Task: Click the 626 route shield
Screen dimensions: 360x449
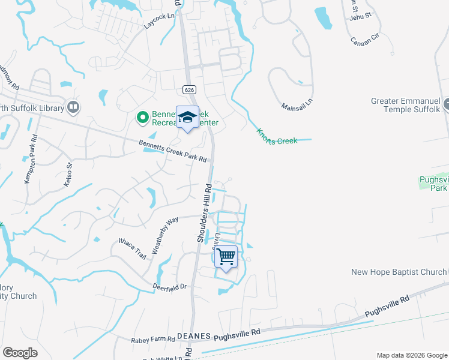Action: (x=189, y=89)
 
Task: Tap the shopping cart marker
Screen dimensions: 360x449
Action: (x=226, y=257)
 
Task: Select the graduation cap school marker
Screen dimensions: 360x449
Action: (x=187, y=116)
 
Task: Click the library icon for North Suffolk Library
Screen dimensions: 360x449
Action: (x=73, y=107)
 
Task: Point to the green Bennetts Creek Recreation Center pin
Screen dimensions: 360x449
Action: (x=143, y=118)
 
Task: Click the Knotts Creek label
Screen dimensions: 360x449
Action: (x=277, y=136)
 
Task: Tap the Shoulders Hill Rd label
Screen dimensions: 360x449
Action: (x=204, y=212)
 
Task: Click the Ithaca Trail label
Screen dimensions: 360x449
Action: (x=132, y=247)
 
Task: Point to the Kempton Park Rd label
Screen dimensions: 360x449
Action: (x=29, y=159)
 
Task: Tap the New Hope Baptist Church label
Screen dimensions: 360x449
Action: (x=399, y=272)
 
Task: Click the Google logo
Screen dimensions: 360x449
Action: (x=20, y=353)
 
